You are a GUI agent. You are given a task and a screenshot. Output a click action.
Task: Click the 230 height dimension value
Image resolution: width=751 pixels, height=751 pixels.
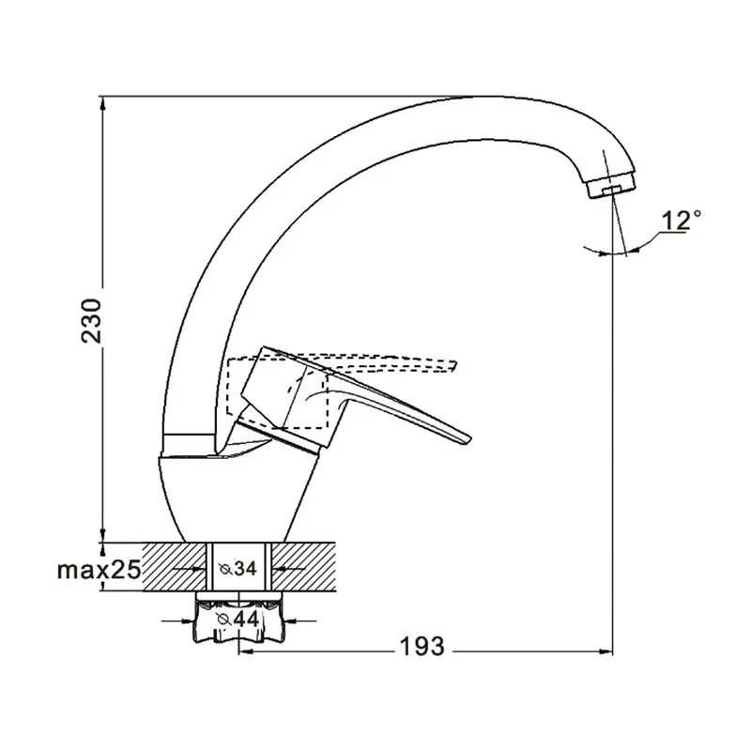coord(91,320)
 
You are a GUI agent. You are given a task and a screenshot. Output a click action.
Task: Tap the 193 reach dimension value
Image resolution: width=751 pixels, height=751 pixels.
coord(421,647)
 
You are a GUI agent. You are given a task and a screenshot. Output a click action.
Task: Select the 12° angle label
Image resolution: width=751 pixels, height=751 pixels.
coord(681,221)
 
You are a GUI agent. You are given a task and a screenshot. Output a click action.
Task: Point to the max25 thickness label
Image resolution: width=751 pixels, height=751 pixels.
coord(100,570)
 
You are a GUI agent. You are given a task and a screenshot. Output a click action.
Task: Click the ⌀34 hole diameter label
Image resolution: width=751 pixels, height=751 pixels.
coord(238,569)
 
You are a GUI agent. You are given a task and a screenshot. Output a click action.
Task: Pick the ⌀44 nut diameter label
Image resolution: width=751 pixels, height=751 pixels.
coord(238,620)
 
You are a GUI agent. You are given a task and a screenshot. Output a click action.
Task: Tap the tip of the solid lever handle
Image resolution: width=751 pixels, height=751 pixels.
coord(469,439)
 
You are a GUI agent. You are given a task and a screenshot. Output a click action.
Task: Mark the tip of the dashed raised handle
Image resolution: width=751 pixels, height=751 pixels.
coord(454,365)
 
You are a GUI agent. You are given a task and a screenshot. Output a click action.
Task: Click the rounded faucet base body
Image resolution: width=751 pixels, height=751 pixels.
coord(238,498)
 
